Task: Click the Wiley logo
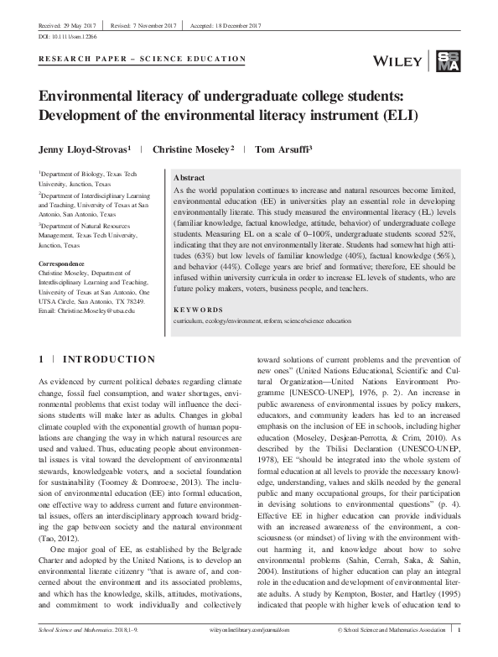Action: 407,60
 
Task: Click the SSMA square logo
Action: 448,60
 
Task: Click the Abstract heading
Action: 189,179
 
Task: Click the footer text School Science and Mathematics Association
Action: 402,650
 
